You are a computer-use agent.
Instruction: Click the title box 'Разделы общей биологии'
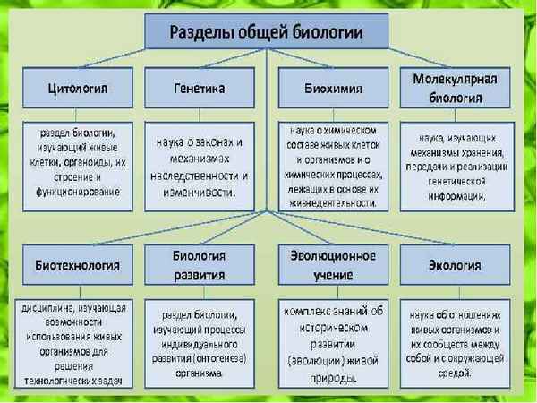click(x=266, y=33)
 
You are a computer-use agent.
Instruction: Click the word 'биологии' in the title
click(x=328, y=33)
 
